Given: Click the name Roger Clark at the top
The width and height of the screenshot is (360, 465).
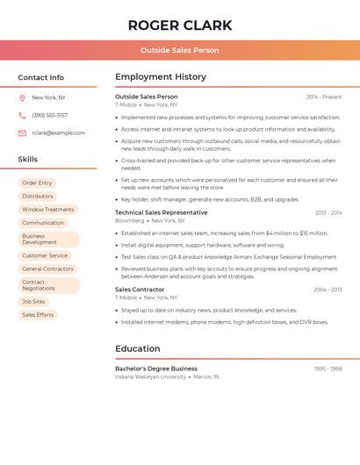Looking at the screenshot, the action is tap(180, 25).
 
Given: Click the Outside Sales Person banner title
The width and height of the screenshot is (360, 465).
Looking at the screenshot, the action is tap(180, 50).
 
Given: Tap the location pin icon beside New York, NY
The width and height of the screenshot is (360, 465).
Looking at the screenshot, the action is tap(22, 98).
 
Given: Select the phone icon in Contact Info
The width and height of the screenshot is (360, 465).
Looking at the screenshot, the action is tap(22, 115).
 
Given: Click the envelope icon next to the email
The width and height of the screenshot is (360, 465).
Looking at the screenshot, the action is tap(22, 132).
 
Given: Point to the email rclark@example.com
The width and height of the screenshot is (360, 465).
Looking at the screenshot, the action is tap(58, 132).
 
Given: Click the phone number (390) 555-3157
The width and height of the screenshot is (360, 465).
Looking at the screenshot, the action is tap(49, 115).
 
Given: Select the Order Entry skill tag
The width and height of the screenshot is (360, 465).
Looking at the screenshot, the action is tap(37, 182).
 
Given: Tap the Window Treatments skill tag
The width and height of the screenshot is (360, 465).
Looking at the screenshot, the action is tap(48, 210).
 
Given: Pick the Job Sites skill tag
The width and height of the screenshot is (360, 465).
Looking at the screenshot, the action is tap(33, 301).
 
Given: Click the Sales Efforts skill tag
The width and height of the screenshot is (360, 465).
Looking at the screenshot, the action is tap(38, 315).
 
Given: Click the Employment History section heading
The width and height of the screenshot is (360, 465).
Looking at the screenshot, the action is tap(161, 77).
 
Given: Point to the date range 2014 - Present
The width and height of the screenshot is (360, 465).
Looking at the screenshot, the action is tap(324, 97).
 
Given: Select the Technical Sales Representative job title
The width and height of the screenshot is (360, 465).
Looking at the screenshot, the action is tap(162, 212).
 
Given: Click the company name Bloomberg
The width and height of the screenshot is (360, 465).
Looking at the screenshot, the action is tap(129, 221).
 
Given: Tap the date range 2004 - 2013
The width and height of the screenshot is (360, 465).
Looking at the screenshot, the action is tap(328, 290).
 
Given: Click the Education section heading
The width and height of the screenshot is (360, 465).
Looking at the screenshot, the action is tap(138, 349).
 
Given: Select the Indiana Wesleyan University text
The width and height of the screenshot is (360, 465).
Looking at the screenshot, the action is tap(150, 377).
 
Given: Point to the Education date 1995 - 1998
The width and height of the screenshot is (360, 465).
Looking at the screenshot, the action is tap(328, 368).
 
